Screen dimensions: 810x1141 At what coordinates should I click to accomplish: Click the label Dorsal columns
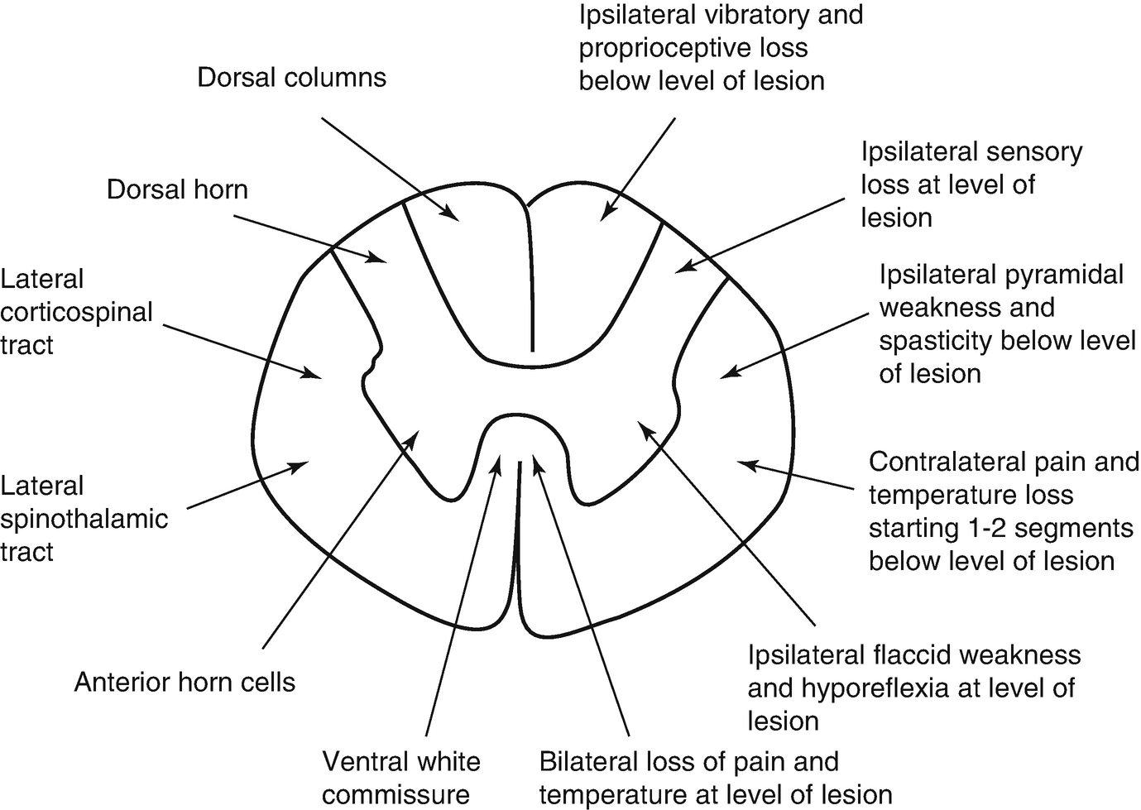pos(291,78)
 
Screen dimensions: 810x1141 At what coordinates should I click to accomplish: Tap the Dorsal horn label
pos(177,189)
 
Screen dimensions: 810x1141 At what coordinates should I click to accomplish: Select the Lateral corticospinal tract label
pos(76,312)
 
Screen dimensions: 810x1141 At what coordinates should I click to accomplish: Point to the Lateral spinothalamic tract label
pos(84,519)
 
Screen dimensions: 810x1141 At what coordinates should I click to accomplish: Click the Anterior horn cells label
pos(185,683)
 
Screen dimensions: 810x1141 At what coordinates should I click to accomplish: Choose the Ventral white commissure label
pos(400,778)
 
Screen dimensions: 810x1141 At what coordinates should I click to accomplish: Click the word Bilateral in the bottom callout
pos(588,761)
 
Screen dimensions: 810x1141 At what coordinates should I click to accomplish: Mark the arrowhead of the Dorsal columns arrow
pos(454,217)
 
